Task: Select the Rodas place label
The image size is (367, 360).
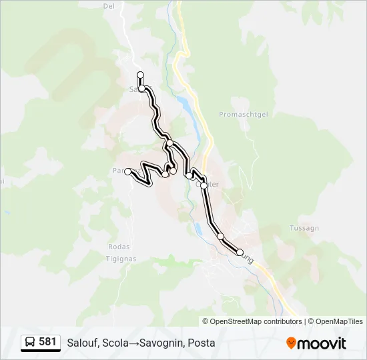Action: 118,247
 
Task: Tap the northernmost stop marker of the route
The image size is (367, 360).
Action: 140,75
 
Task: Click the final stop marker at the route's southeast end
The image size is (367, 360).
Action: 240,252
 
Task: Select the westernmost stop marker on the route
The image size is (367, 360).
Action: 127,171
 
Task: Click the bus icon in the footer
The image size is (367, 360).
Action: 31,343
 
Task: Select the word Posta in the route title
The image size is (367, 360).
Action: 202,343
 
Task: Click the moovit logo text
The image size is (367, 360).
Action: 322,343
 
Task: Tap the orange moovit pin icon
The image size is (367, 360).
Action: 291,343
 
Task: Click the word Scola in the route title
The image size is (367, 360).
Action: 117,343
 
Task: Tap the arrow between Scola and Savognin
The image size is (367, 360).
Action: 135,343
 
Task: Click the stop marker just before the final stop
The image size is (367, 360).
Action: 220,236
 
